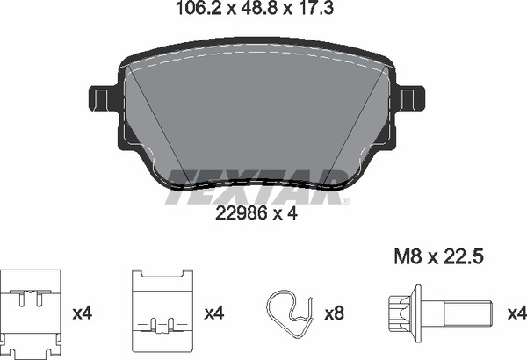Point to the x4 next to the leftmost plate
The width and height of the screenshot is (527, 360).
[81, 313]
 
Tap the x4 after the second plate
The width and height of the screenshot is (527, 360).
[213, 313]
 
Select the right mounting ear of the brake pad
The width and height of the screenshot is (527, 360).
[408, 97]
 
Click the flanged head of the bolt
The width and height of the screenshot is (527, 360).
[401, 312]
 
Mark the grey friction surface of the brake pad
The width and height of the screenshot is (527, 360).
[255, 114]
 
